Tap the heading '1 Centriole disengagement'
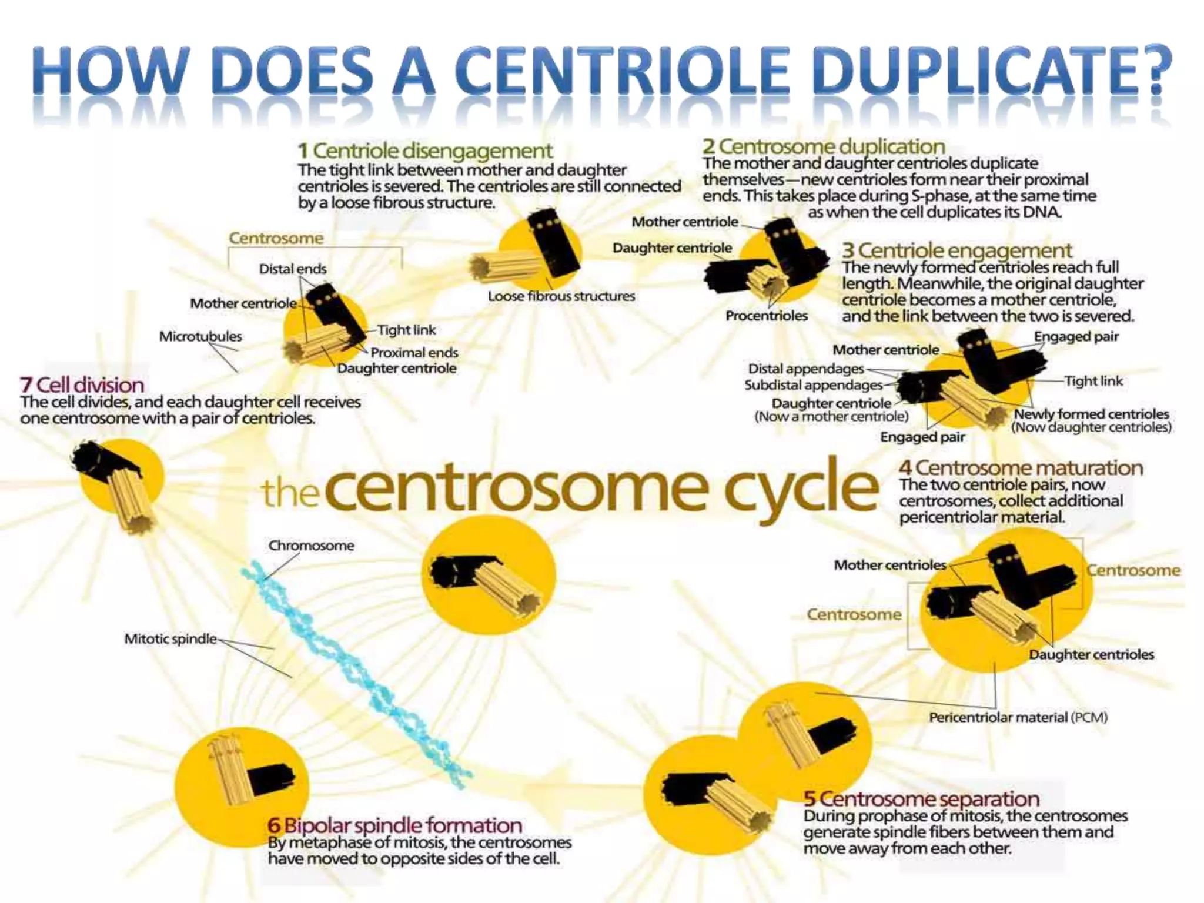click(425, 150)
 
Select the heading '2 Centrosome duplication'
click(824, 146)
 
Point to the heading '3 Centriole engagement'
click(956, 250)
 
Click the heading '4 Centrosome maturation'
click(1021, 468)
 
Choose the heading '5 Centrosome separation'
click(921, 799)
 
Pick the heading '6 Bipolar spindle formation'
click(394, 825)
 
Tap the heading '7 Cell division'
click(82, 385)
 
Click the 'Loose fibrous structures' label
click(561, 296)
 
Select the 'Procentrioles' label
click(766, 316)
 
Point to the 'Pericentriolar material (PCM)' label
click(1018, 717)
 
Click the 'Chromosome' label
click(311, 546)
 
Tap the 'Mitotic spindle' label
click(170, 639)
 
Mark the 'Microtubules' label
click(200, 336)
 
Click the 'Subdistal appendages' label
click(813, 385)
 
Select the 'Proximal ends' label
click(414, 353)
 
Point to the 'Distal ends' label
click(292, 269)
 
